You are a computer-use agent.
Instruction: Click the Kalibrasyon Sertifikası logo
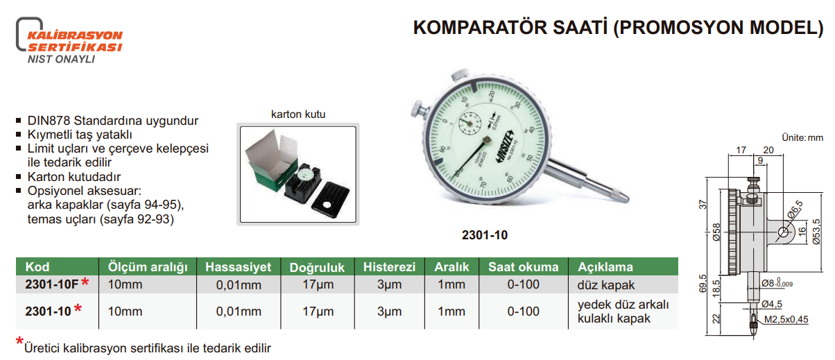(69, 40)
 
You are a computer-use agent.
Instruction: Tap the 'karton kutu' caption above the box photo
(298, 114)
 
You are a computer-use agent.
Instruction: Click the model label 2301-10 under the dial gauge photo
(484, 235)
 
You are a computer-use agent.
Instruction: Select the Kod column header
(37, 267)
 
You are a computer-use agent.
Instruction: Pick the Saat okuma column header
(523, 267)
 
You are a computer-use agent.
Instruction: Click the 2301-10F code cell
(52, 284)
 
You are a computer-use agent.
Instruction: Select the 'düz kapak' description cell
(606, 284)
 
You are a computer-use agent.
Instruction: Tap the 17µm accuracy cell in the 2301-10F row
(317, 284)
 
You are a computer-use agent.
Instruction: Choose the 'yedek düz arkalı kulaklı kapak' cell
(621, 311)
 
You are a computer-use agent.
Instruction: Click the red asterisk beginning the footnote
(19, 341)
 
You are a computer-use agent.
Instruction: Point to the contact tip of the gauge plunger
(627, 199)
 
